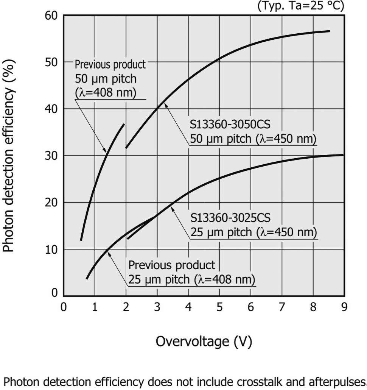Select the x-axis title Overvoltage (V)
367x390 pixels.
[204, 341]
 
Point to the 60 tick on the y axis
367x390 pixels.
[51, 16]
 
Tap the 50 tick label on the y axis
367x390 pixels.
[51, 62]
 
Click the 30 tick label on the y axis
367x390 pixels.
[51, 156]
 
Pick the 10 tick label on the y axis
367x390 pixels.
[51, 249]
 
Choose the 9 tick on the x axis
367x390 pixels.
[344, 307]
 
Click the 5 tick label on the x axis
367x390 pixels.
[219, 307]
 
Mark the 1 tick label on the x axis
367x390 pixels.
[95, 307]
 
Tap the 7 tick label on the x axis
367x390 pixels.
[282, 307]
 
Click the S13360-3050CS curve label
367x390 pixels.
[253, 131]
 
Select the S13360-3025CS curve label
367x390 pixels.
[253, 225]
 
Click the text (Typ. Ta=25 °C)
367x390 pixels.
[301, 6]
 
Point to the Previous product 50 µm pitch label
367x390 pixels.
[110, 79]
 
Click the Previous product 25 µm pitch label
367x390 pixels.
[191, 272]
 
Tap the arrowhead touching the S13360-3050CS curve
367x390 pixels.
[166, 106]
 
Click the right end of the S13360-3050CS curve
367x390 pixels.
[330, 31]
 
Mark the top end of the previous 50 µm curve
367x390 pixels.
[124, 124]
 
